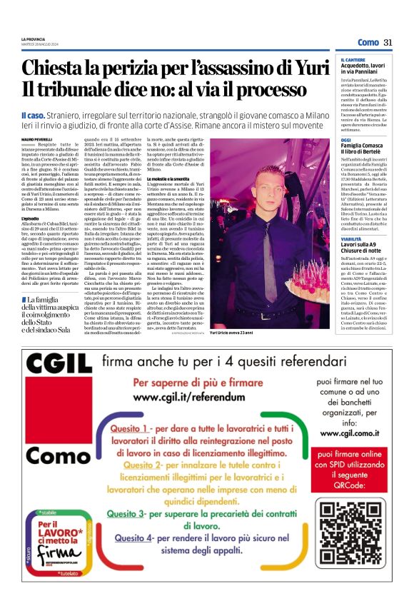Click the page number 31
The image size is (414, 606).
pos(388,43)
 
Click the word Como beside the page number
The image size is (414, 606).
pos(368,43)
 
